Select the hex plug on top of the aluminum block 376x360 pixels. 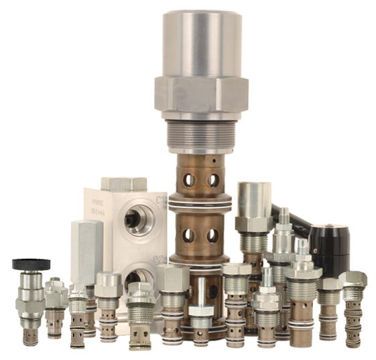(x=123, y=184)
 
